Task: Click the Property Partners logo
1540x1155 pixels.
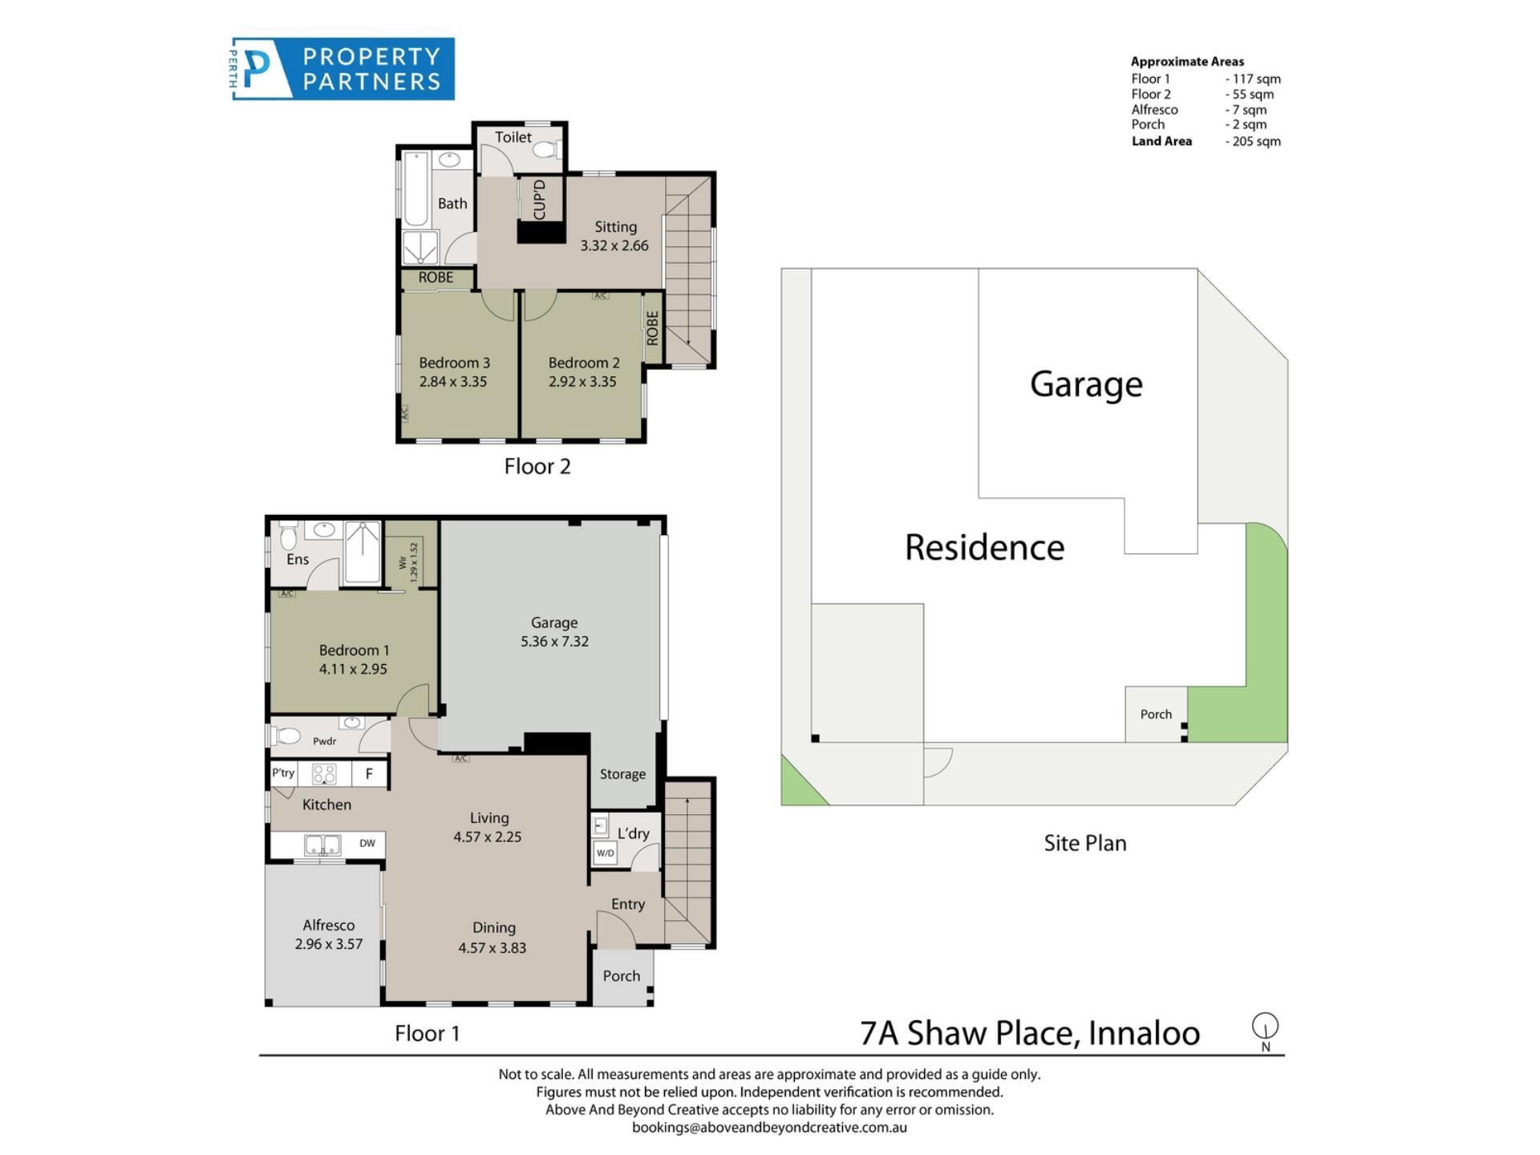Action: [343, 69]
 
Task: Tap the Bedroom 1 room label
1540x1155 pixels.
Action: [354, 650]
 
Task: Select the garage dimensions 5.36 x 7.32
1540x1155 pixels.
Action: [554, 642]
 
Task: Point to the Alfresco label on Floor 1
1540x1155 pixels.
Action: [329, 926]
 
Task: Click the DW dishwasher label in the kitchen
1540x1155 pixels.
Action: [367, 843]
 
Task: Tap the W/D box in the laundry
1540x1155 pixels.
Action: [606, 853]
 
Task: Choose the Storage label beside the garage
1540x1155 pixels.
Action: [622, 774]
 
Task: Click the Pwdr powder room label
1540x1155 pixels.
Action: [325, 741]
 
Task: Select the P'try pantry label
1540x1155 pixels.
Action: [283, 773]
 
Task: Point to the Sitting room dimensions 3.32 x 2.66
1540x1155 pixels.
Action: [614, 246]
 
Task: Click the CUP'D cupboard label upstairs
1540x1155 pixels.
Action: [539, 200]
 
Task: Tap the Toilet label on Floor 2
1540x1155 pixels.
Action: [513, 137]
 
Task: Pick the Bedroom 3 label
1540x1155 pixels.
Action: [454, 363]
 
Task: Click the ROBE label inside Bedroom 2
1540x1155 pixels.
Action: [652, 328]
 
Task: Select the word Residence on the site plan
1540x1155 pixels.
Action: [985, 548]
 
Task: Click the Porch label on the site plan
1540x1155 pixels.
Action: [1156, 715]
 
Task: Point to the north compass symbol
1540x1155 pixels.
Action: [1265, 1031]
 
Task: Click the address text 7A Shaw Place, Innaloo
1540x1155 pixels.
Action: [1030, 1033]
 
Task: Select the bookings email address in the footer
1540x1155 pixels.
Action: [769, 1128]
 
